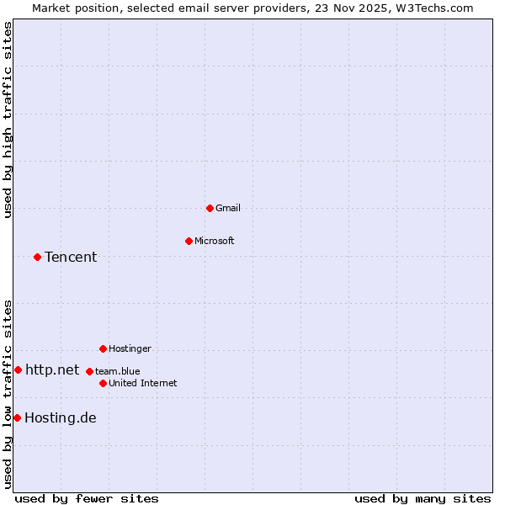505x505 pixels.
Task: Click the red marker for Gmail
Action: pyautogui.click(x=210, y=208)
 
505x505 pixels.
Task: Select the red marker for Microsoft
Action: pyautogui.click(x=189, y=241)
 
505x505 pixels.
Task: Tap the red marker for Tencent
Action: pyautogui.click(x=37, y=257)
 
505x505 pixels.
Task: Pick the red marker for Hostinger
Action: pyautogui.click(x=103, y=348)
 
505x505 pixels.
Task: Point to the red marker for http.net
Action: pyautogui.click(x=18, y=369)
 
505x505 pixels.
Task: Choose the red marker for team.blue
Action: pyautogui.click(x=89, y=371)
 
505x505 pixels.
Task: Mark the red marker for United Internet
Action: pyautogui.click(x=103, y=383)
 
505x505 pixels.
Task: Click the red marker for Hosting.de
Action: pyautogui.click(x=17, y=417)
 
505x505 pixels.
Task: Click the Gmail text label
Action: pyautogui.click(x=228, y=208)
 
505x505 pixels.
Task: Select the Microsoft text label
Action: pyautogui.click(x=215, y=241)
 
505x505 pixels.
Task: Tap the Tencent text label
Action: pyautogui.click(x=71, y=257)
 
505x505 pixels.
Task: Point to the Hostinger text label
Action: pyautogui.click(x=130, y=348)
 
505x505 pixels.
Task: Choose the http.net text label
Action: pyautogui.click(x=52, y=369)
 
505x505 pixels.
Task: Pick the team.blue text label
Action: pyautogui.click(x=118, y=371)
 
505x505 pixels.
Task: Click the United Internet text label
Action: pyautogui.click(x=143, y=383)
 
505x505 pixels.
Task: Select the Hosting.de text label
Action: pyautogui.click(x=61, y=417)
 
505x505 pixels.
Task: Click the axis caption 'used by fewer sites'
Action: pyautogui.click(x=87, y=498)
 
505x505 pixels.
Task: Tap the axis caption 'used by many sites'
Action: pyautogui.click(x=423, y=498)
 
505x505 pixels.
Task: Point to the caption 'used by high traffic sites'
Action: pyautogui.click(x=8, y=120)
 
